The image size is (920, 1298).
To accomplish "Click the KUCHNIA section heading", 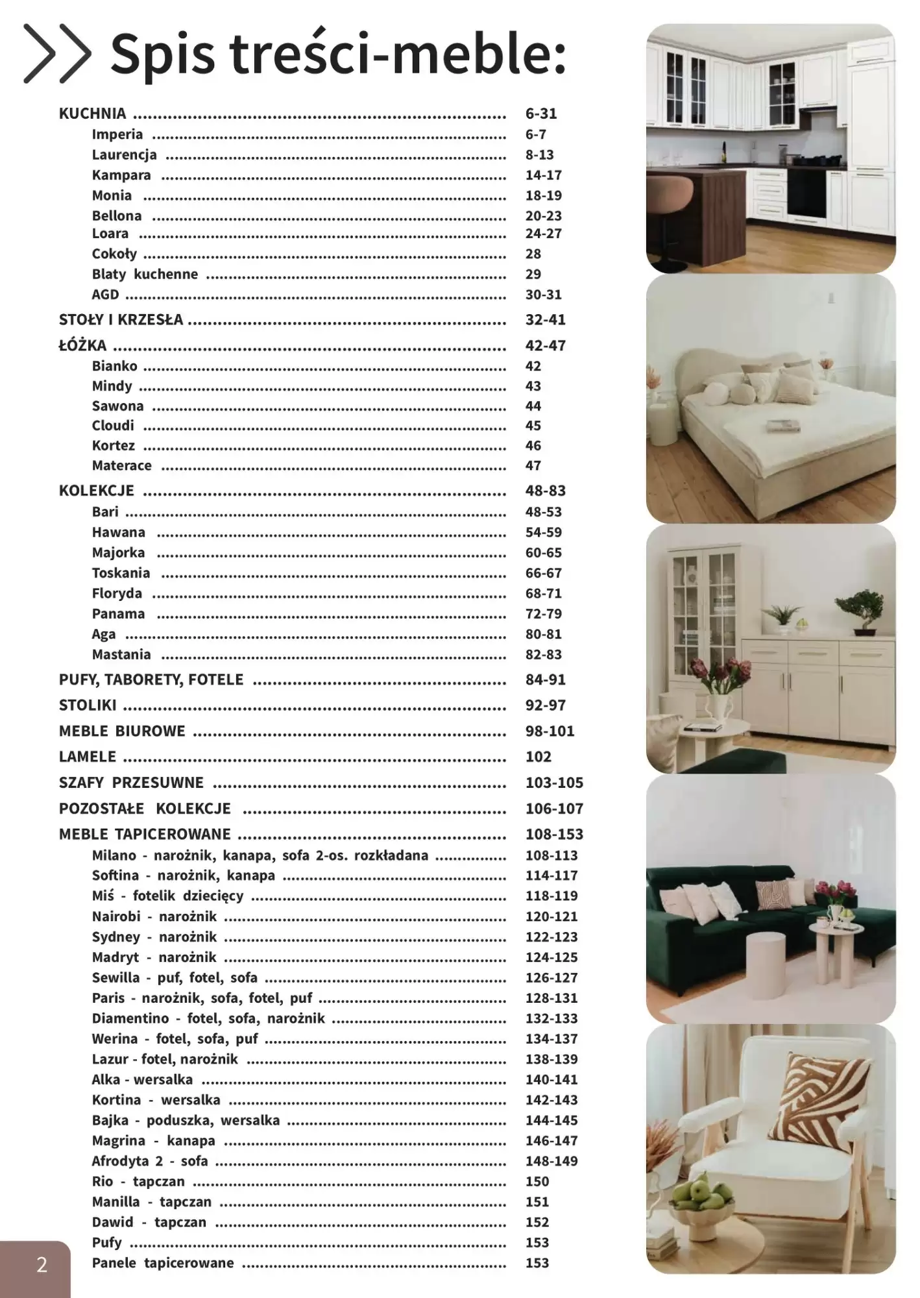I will (92, 114).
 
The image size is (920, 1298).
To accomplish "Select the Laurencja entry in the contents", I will (124, 154).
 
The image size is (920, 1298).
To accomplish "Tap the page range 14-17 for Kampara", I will (543, 175).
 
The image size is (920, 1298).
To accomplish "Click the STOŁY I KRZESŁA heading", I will (121, 319).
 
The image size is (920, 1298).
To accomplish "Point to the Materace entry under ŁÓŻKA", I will (121, 465).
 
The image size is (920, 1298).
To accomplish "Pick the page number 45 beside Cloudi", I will (533, 426).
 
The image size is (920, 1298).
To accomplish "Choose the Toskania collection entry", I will (121, 573).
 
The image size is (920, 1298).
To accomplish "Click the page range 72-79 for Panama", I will (543, 614).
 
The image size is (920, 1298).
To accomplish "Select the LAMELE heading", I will (88, 757).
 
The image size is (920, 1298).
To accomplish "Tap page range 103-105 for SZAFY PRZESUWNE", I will (554, 783).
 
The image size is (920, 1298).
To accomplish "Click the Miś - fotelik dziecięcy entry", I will (167, 896).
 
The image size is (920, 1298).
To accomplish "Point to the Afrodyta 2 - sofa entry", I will (149, 1161).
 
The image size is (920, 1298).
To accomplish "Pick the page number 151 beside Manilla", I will (537, 1202).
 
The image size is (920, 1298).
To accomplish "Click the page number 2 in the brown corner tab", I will (42, 1264).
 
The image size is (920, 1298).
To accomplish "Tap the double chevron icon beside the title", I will (57, 54).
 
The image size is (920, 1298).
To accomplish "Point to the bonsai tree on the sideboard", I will (860, 607).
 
